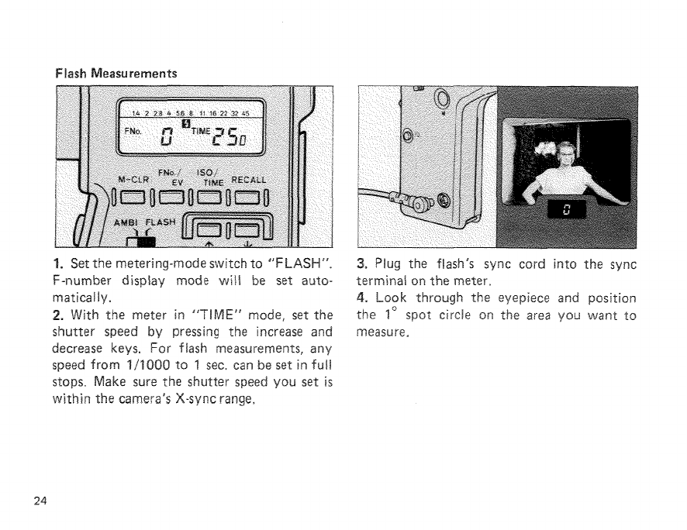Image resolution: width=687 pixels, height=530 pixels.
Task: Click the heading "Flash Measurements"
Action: click(x=116, y=74)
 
